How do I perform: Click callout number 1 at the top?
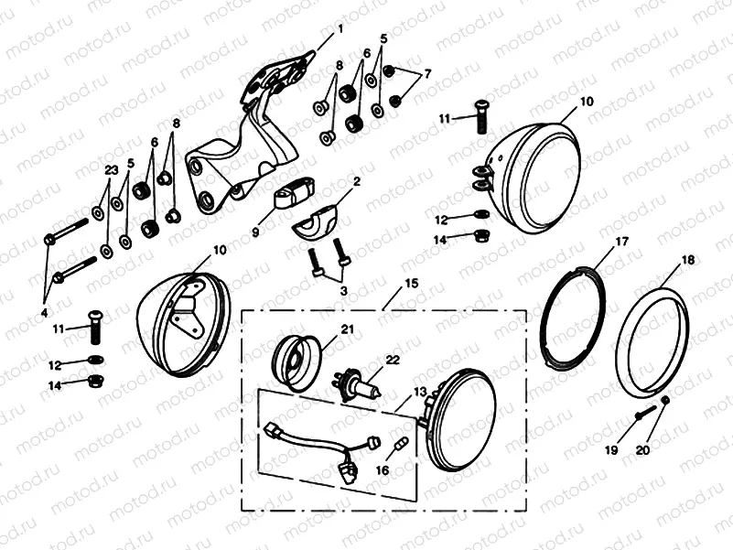click(340, 28)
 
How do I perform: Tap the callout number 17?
click(621, 242)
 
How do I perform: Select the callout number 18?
click(687, 261)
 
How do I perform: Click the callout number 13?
click(420, 391)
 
